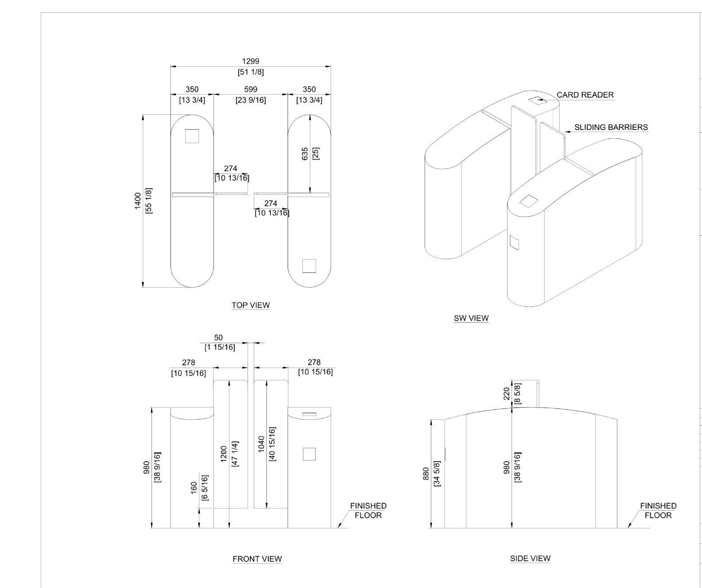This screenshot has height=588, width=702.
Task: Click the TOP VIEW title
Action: click(251, 305)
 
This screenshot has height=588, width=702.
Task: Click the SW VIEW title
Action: click(471, 318)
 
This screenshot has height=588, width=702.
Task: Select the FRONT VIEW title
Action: click(257, 559)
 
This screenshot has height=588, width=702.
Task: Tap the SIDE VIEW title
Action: click(530, 558)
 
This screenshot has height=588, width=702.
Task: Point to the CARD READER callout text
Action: click(585, 95)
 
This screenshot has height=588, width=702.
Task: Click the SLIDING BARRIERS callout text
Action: click(611, 127)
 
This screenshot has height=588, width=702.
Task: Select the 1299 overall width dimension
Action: click(251, 61)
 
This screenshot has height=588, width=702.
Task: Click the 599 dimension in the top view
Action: click(251, 89)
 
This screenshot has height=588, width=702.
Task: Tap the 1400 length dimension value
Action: click(138, 201)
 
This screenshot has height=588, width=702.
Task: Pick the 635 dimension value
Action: click(305, 154)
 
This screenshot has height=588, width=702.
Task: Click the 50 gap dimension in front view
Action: click(218, 338)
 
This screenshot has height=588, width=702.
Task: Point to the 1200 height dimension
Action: click(224, 454)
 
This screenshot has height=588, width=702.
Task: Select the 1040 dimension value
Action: click(261, 444)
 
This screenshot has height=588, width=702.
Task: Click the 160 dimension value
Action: click(194, 488)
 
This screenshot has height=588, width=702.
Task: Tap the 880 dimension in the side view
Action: click(426, 474)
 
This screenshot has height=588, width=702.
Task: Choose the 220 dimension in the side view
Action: click(506, 394)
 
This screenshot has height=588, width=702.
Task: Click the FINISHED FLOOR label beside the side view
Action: click(658, 510)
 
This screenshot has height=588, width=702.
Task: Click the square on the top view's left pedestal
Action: click(192, 136)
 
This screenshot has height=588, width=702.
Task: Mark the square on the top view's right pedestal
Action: click(309, 266)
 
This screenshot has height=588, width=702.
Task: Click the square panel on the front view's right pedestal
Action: click(309, 454)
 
